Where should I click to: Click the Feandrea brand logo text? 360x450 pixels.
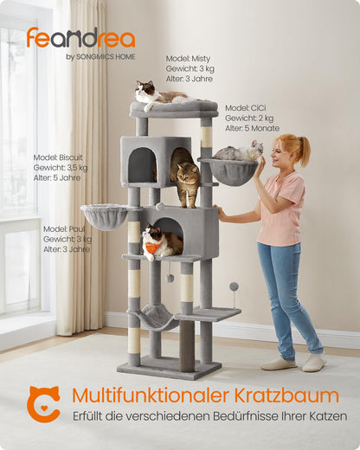[80, 38]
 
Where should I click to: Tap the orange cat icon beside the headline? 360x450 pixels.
[42, 403]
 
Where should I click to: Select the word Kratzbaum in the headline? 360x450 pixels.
[293, 395]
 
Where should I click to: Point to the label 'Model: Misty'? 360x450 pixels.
[188, 59]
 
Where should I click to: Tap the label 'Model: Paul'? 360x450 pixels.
[64, 228]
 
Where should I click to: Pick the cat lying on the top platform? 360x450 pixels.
[156, 94]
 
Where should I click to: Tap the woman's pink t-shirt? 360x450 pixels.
[279, 208]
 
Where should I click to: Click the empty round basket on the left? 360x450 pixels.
[104, 215]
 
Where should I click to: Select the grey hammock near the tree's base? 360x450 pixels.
[153, 318]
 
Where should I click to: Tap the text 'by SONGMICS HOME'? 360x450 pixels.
[100, 57]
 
